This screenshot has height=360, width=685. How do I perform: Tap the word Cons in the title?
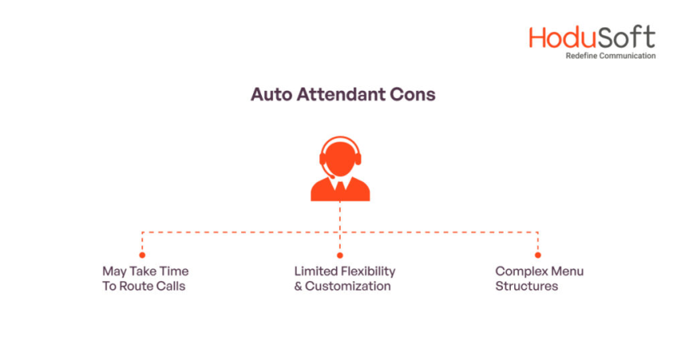pyautogui.click(x=414, y=94)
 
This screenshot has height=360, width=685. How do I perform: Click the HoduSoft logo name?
pyautogui.click(x=592, y=38)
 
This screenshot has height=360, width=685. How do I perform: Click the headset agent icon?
pyautogui.click(x=340, y=168)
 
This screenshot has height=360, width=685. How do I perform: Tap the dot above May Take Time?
pyautogui.click(x=143, y=254)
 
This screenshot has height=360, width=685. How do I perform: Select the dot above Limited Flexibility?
pyautogui.click(x=340, y=254)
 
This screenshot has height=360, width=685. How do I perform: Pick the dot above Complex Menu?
pyautogui.click(x=538, y=254)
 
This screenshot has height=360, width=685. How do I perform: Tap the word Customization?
pyautogui.click(x=348, y=286)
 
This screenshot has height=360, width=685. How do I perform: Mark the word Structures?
pyautogui.click(x=526, y=286)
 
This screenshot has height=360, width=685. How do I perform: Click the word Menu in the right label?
pyautogui.click(x=566, y=271)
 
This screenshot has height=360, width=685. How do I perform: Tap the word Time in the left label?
pyautogui.click(x=174, y=271)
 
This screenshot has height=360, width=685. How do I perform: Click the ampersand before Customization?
pyautogui.click(x=298, y=286)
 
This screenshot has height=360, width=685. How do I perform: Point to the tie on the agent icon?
pyautogui.click(x=340, y=188)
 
